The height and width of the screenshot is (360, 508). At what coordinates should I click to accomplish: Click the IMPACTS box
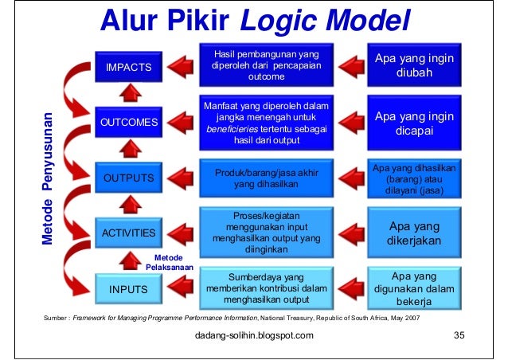point(129,67)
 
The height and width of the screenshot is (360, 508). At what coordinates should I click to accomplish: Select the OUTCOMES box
point(129,122)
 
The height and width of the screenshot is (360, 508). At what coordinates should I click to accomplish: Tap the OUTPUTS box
point(129,177)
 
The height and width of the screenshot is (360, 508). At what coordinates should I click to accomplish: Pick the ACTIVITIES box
point(129,233)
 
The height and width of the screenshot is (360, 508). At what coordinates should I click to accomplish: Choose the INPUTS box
point(129,289)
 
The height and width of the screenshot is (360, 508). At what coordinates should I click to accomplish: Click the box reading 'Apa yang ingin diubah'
point(414,66)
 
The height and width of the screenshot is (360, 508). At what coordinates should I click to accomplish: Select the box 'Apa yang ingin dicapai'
point(414,122)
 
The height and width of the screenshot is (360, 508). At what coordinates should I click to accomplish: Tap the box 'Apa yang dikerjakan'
point(414,233)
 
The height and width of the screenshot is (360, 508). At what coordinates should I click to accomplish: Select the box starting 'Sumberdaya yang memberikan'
point(267,288)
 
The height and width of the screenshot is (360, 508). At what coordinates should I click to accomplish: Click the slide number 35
point(458,335)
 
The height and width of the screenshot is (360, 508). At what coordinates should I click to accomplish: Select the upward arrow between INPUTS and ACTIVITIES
point(130,260)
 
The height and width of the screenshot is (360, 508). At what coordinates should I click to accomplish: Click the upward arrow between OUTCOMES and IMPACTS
point(130,94)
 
